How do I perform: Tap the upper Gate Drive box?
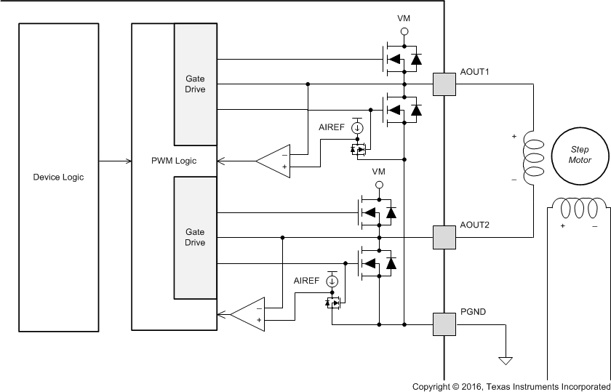195,84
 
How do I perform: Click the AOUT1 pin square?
444,84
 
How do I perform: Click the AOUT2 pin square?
444,237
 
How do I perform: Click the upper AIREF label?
332,127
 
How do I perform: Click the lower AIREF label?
307,280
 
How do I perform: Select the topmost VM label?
404,17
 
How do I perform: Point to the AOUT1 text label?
475,72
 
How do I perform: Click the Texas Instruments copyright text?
511,385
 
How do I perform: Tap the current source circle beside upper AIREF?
357,128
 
